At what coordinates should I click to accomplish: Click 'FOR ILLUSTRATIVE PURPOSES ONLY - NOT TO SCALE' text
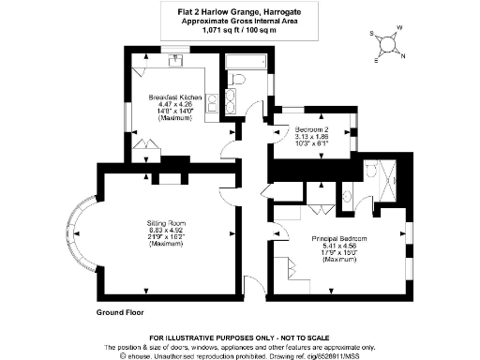[239, 337]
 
